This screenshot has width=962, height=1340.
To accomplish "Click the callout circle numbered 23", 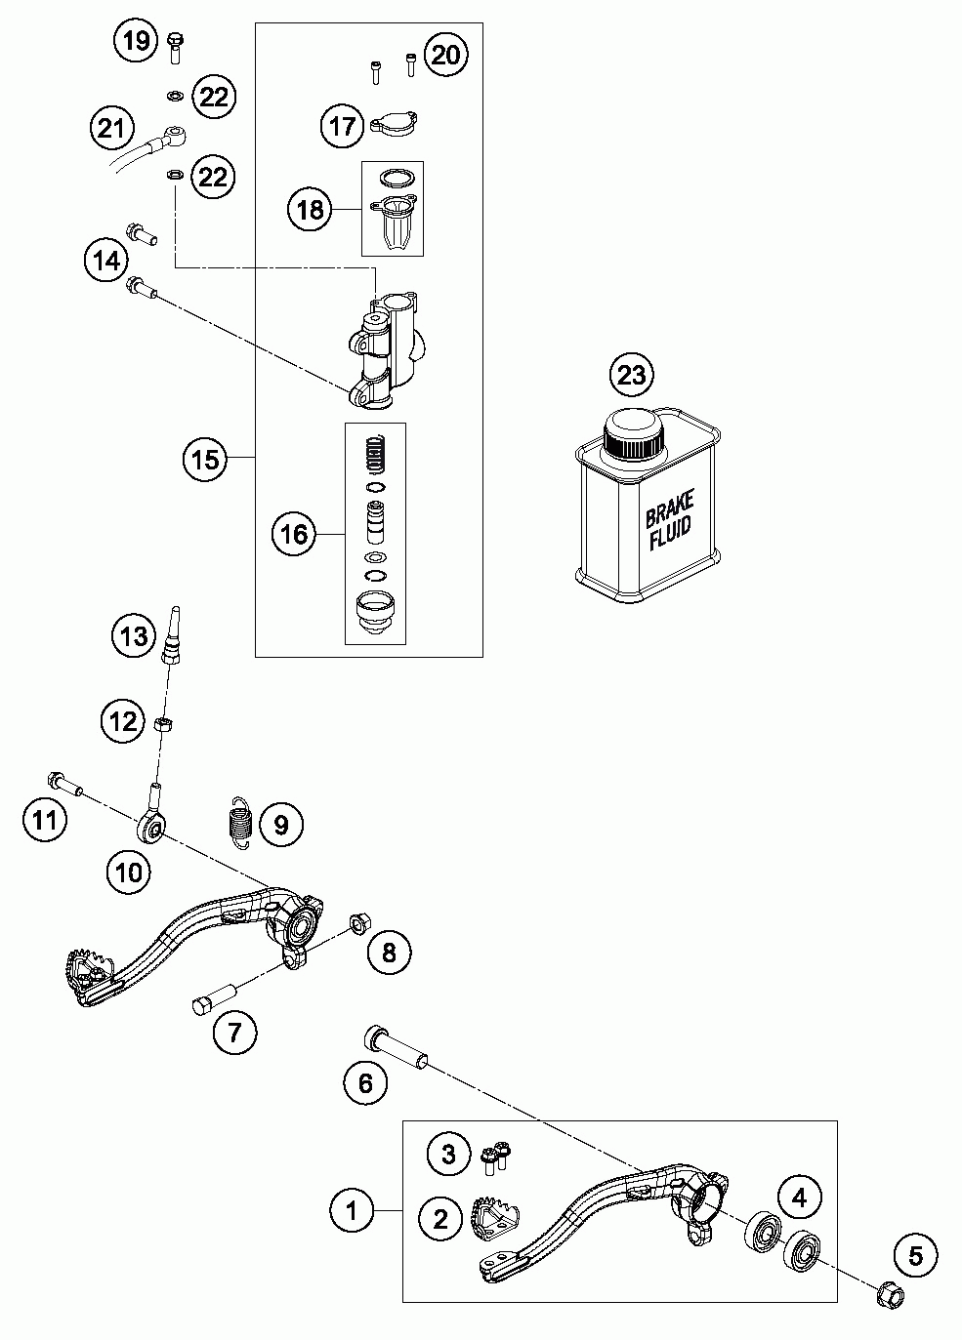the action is pyautogui.click(x=632, y=375).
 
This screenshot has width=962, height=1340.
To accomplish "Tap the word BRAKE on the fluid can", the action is pyautogui.click(x=670, y=508).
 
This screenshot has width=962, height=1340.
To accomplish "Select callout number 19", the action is pyautogui.click(x=136, y=41).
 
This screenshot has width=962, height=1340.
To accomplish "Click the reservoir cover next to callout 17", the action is pyautogui.click(x=394, y=124).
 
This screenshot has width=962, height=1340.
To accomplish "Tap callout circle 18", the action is pyautogui.click(x=311, y=210).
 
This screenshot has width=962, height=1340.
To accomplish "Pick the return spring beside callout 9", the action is pyautogui.click(x=242, y=823).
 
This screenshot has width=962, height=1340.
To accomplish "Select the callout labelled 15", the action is pyautogui.click(x=205, y=460).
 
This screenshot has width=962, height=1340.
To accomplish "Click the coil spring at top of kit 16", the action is pyautogui.click(x=375, y=454).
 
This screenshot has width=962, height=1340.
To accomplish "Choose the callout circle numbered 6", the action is pyautogui.click(x=365, y=1082).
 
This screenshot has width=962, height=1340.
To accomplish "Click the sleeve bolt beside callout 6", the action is pyautogui.click(x=396, y=1047).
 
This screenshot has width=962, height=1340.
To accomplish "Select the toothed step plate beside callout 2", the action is pyautogui.click(x=496, y=1220).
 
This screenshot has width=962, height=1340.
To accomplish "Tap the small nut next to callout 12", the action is pyautogui.click(x=163, y=724).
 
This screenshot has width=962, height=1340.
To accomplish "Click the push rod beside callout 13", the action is pyautogui.click(x=172, y=635).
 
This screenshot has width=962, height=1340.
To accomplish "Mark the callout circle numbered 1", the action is pyautogui.click(x=352, y=1211).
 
